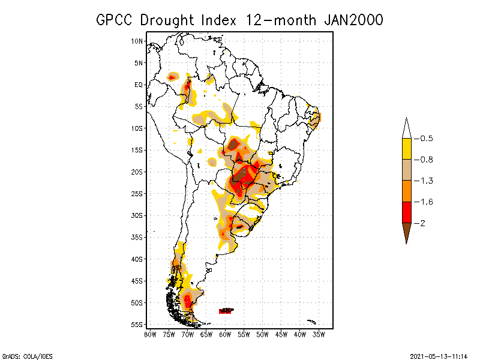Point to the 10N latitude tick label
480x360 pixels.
137,41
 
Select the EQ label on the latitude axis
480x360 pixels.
139,85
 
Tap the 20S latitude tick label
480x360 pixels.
137,172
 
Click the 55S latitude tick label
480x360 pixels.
137,325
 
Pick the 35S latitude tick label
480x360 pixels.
137,237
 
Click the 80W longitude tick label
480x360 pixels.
150,334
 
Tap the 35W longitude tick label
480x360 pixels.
319,334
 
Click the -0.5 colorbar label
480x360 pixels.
425,139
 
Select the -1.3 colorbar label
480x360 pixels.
425,181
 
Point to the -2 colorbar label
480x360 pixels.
422,223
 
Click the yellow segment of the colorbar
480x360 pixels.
406,149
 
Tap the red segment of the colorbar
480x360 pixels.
406,212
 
